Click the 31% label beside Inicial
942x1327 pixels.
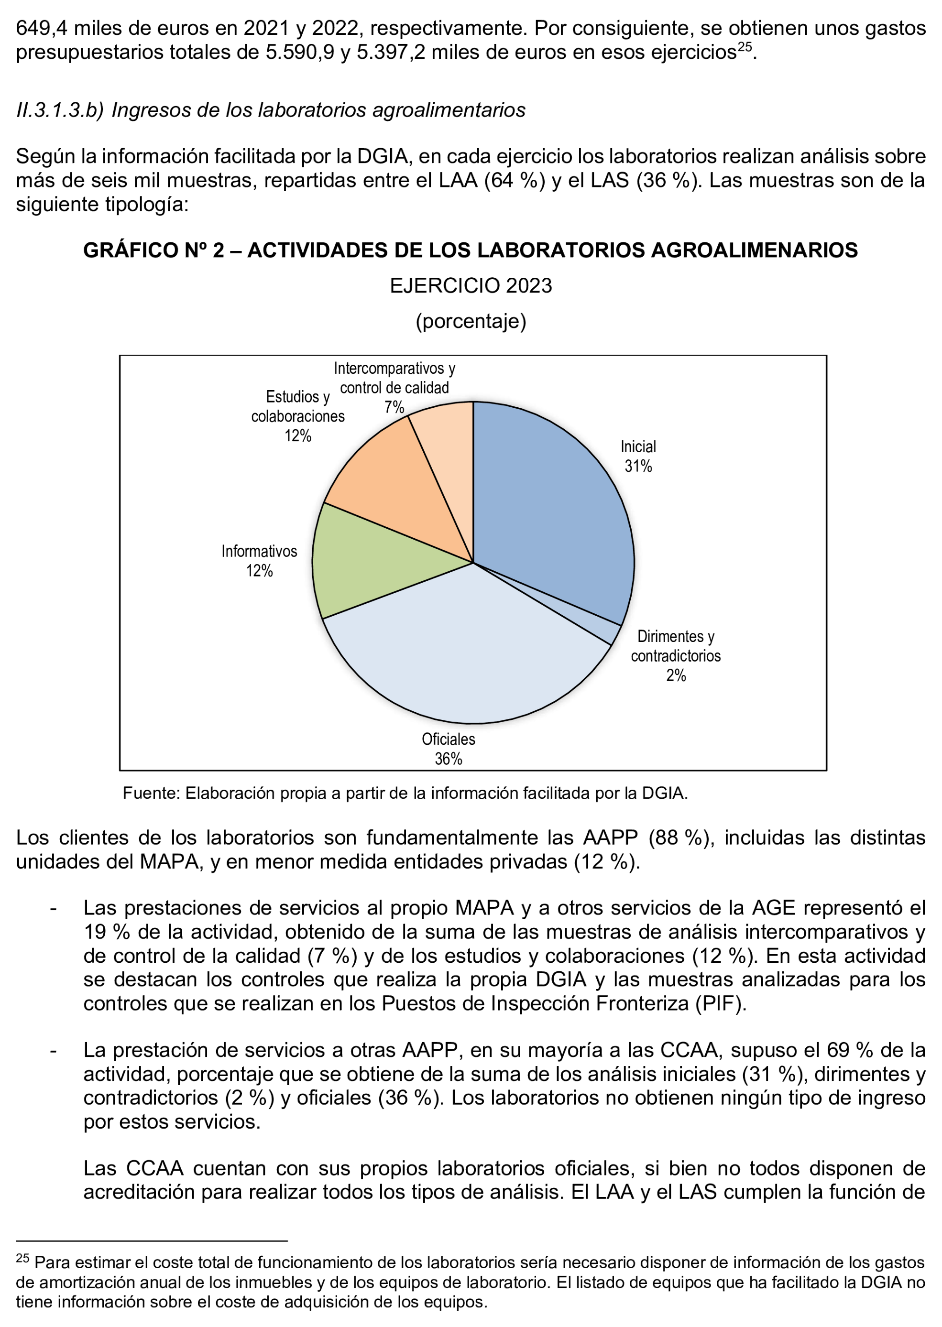tap(638, 466)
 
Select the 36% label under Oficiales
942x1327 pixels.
tap(449, 758)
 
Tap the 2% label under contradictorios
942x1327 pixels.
tap(676, 675)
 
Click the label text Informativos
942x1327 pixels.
tap(259, 551)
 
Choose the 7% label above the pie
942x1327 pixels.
tap(394, 407)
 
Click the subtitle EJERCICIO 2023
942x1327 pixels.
tap(471, 286)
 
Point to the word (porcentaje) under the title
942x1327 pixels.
tap(471, 321)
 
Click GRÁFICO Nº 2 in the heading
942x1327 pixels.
tap(153, 250)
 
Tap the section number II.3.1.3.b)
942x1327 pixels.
tap(60, 110)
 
